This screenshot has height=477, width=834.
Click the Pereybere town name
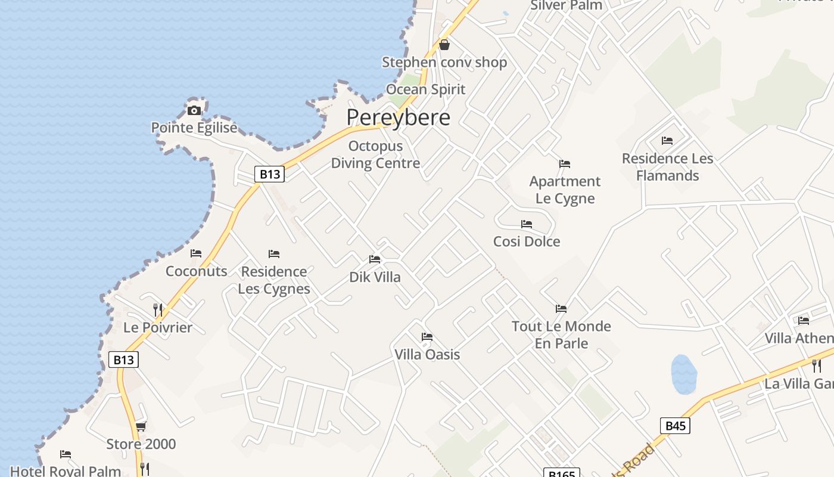click(398, 117)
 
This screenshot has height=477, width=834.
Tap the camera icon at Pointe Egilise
click(194, 110)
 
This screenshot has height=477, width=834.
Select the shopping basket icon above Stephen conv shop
click(444, 45)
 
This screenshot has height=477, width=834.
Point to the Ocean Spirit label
click(425, 89)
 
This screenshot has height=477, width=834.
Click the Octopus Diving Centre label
click(375, 154)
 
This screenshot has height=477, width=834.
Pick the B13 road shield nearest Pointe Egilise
click(269, 174)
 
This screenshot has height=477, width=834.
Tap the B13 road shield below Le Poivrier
click(123, 360)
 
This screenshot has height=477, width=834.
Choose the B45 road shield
click(675, 426)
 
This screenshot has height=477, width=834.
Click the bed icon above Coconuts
click(196, 253)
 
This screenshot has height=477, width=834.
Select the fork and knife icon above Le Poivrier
click(158, 309)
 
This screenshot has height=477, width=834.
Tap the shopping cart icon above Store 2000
click(141, 426)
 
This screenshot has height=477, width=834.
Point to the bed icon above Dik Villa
click(375, 259)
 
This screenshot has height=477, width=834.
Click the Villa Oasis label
click(427, 355)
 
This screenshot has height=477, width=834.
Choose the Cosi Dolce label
click(527, 241)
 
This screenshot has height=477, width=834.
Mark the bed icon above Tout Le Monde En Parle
click(561, 309)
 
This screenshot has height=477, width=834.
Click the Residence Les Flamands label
click(667, 167)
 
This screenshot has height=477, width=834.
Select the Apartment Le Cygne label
click(565, 190)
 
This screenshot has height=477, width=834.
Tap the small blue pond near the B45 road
click(684, 374)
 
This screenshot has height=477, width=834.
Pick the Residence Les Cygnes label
click(274, 280)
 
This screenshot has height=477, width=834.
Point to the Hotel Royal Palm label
click(66, 471)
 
